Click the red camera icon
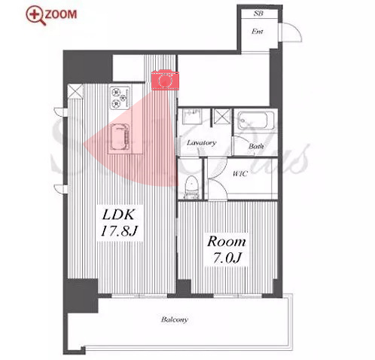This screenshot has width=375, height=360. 165,80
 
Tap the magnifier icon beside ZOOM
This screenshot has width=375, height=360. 36,16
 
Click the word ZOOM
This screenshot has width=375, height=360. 61,14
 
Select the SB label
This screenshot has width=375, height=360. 258,14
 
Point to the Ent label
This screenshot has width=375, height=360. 258,32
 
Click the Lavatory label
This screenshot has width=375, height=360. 201,143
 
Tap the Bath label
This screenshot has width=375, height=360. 256,146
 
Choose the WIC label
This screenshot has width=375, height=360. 240,173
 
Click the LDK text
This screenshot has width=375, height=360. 118,215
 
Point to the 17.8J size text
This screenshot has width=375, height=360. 119,230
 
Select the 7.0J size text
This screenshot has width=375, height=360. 227,258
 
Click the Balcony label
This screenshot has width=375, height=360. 175,319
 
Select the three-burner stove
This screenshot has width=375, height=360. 120,98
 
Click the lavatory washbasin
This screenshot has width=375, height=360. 192,116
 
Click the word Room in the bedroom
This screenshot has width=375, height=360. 227,241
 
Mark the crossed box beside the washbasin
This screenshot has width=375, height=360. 222,117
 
